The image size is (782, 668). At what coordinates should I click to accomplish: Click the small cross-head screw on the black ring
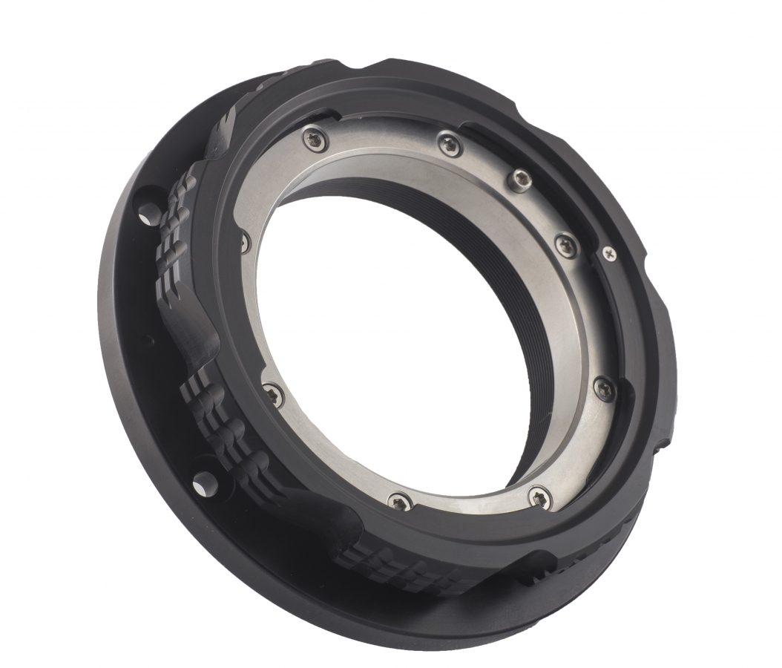(x=609, y=254)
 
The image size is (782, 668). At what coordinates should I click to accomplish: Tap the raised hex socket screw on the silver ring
(x=522, y=179)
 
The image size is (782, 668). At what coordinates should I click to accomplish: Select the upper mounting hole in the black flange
(x=149, y=214)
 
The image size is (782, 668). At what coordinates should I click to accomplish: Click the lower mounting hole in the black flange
(x=205, y=484)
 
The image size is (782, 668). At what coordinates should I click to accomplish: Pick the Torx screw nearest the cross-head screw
(x=566, y=244)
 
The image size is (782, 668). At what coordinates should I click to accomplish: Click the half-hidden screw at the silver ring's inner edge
(x=245, y=241)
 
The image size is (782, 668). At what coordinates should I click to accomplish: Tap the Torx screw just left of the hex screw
(x=450, y=144)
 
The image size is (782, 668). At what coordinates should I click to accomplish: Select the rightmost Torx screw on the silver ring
(x=605, y=387)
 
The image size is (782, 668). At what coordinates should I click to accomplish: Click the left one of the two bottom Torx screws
(x=399, y=501)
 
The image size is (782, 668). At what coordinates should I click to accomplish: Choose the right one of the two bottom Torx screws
(x=540, y=497)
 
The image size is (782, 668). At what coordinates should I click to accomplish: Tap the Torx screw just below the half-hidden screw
(x=273, y=394)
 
